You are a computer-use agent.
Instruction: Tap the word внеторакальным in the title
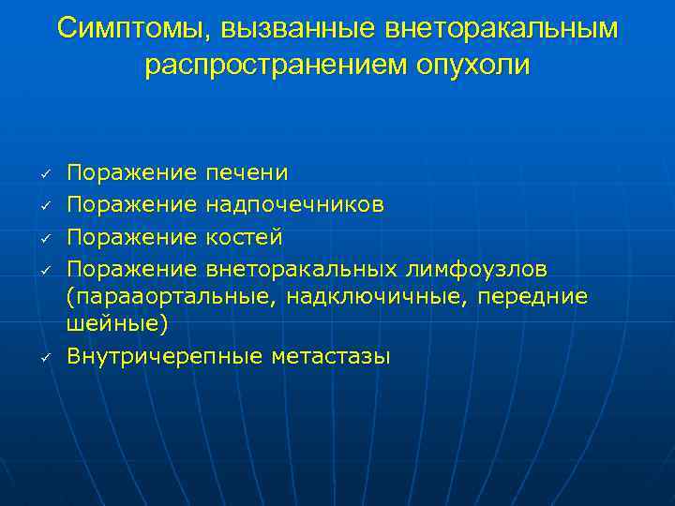click(x=502, y=28)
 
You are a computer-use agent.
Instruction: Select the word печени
click(x=247, y=173)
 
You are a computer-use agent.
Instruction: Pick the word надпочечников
click(x=294, y=204)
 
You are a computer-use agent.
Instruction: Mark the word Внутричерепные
click(x=165, y=357)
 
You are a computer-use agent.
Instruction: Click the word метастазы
click(x=330, y=357)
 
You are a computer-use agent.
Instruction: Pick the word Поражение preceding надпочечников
click(x=132, y=204)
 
